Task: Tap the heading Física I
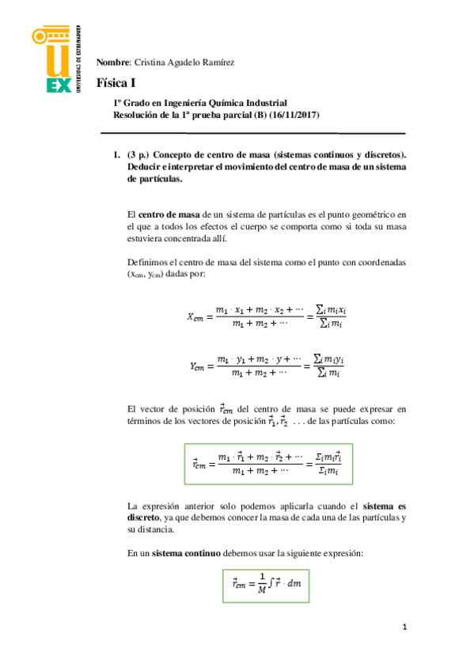tap(117, 83)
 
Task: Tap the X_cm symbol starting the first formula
tap(195, 317)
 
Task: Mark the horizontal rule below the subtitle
tap(260, 134)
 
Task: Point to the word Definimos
tap(147, 262)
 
